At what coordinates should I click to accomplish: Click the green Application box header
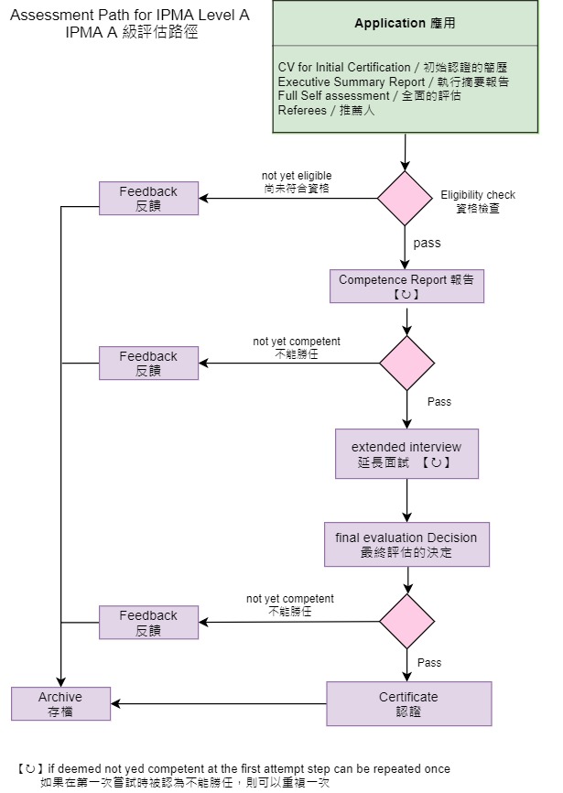click(405, 24)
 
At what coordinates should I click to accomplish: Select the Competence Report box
click(406, 287)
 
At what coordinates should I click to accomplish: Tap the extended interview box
click(406, 454)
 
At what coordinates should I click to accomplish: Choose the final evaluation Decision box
click(406, 545)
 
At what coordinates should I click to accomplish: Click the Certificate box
click(408, 703)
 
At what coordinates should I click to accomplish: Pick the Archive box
click(60, 703)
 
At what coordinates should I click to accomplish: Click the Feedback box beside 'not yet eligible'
click(148, 198)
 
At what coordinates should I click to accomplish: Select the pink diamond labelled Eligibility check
click(406, 198)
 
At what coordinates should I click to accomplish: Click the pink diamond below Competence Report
click(406, 364)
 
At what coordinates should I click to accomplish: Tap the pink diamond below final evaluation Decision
click(406, 622)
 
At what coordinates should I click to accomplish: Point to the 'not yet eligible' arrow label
click(297, 182)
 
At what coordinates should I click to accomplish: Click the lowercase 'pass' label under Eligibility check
click(427, 243)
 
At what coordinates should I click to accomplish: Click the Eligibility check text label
click(478, 201)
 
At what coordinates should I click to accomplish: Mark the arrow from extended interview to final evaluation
click(406, 500)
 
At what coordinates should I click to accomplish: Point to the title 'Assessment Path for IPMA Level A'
click(129, 16)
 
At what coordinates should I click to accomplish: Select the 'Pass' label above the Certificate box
click(429, 662)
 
